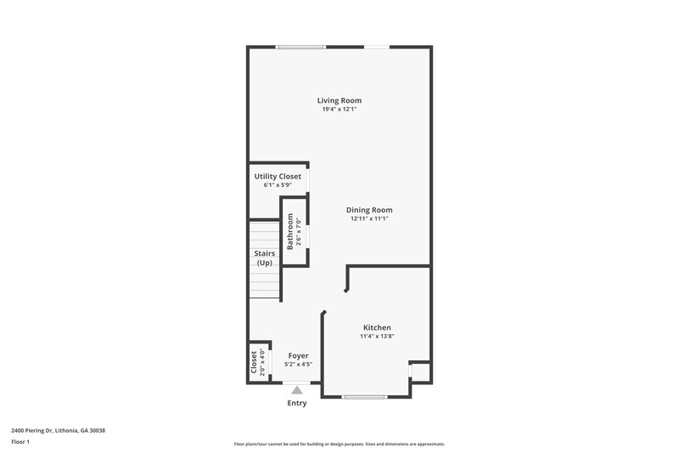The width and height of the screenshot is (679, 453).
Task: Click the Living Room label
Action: tap(340, 100)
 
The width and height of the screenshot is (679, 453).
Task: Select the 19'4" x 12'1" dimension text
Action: tap(339, 110)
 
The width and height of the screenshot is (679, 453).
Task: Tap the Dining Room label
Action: tap(369, 210)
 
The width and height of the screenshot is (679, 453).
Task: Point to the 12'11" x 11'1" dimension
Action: tap(369, 218)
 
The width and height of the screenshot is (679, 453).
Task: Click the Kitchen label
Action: tap(377, 327)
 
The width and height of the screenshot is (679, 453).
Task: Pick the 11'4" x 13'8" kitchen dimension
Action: tap(377, 337)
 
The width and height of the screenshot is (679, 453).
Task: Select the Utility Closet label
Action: tap(278, 176)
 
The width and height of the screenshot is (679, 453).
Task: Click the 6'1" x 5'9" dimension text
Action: tap(278, 184)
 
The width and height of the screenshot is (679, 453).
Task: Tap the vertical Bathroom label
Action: tap(290, 231)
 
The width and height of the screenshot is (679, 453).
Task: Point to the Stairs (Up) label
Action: tap(264, 258)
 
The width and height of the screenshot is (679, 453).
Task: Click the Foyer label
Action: tap(298, 355)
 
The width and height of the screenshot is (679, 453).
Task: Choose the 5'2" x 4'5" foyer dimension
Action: tap(297, 365)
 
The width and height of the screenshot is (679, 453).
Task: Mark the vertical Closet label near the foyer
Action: tap(255, 363)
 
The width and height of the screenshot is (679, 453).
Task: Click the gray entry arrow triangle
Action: tap(297, 389)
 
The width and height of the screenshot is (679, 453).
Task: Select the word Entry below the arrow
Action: tap(297, 403)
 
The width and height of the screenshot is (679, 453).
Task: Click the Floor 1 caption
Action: tap(20, 442)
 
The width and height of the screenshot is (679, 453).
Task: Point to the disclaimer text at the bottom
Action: tap(339, 444)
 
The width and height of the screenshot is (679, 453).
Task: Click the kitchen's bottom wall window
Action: tap(365, 397)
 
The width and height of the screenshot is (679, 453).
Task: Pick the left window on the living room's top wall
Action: tap(300, 47)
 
